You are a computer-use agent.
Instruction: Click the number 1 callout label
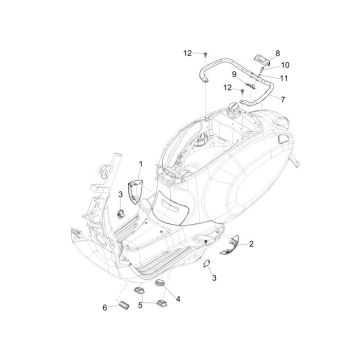[x=141, y=162]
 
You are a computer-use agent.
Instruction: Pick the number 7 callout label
[x=282, y=101]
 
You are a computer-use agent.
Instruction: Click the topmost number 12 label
[x=186, y=51]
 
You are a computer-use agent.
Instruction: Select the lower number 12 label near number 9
[x=227, y=87]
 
